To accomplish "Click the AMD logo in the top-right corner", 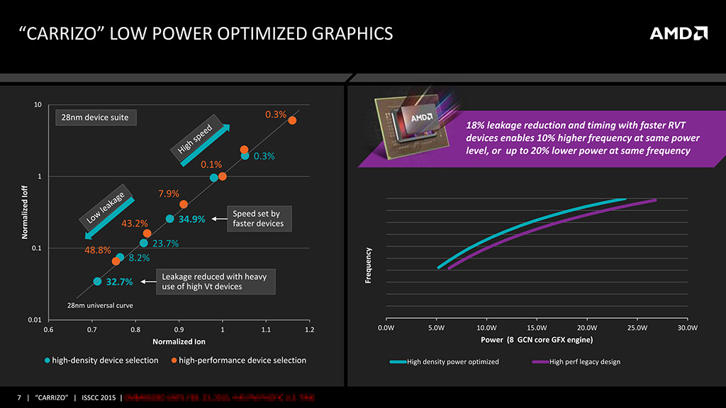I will pos(678,33).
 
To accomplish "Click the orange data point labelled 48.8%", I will pos(116,261).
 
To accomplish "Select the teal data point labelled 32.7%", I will pos(97,281).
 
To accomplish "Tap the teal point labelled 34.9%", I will pos(169,219).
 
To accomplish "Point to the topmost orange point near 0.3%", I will pos(292,120).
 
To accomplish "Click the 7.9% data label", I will pos(168,193).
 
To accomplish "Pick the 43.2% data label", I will pos(135,224).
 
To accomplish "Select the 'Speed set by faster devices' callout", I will pos(257,218).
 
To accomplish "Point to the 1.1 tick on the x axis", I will pos(266,329).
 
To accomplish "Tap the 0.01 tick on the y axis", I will pos(33,320).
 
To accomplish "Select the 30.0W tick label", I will pos(688,328).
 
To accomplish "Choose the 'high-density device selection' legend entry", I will pos(105,361).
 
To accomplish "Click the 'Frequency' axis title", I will pos(369,266).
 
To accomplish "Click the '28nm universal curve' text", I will pos(100,305).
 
